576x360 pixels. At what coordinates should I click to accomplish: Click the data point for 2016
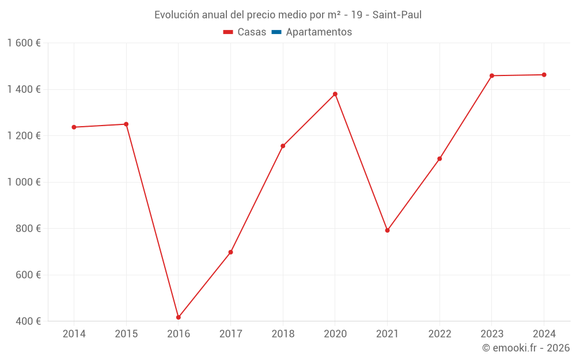(x=179, y=317)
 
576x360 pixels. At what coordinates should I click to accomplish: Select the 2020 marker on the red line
(x=335, y=94)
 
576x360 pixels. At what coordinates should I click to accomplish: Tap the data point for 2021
(x=388, y=230)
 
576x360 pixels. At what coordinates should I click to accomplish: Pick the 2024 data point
(x=544, y=75)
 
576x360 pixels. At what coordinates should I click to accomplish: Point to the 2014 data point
(x=74, y=127)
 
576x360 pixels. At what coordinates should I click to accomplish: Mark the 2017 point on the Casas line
(x=230, y=252)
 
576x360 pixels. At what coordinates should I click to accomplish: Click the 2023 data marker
(x=492, y=75)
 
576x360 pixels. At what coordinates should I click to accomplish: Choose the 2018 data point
(x=283, y=146)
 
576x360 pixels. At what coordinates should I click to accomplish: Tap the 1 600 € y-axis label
(x=24, y=43)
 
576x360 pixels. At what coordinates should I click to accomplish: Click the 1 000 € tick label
(x=24, y=182)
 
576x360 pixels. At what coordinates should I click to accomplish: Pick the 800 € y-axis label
(x=28, y=229)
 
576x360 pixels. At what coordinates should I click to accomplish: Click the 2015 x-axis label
(x=126, y=334)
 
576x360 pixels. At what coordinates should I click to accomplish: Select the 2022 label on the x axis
(x=439, y=334)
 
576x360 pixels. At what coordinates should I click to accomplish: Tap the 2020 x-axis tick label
(x=335, y=334)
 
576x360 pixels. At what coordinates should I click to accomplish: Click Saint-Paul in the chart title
(x=397, y=15)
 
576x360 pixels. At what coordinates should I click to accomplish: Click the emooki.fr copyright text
(x=526, y=348)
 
